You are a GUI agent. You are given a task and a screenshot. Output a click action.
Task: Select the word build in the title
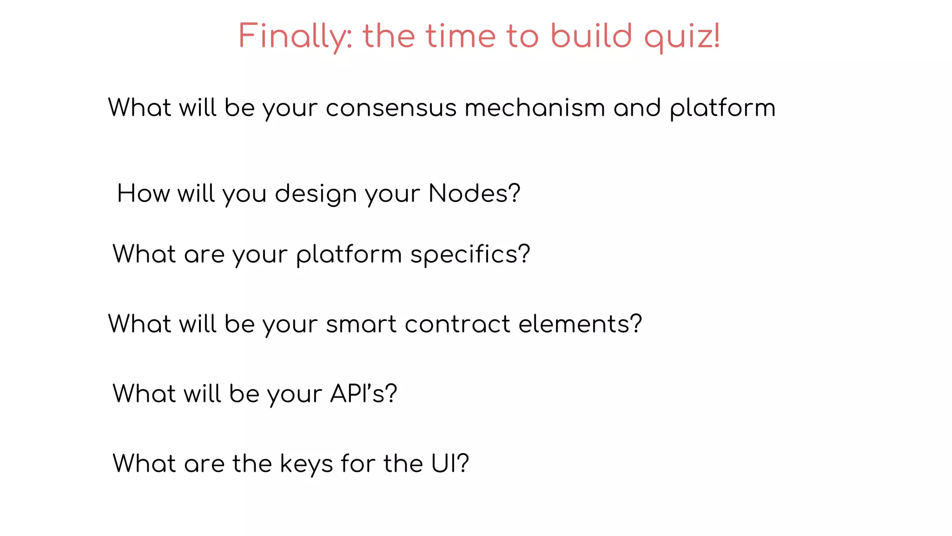click(591, 36)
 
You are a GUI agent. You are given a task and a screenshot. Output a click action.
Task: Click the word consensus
click(391, 108)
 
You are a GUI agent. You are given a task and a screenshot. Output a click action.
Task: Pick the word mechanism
click(535, 108)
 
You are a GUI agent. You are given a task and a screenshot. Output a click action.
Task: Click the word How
click(143, 194)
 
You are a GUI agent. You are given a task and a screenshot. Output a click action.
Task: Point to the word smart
click(361, 324)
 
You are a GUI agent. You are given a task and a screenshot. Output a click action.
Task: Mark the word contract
click(457, 324)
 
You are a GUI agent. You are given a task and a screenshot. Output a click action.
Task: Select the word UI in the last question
click(444, 463)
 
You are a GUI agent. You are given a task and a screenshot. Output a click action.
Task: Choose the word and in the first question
click(637, 108)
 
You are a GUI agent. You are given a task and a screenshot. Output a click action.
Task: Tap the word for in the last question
click(357, 463)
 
